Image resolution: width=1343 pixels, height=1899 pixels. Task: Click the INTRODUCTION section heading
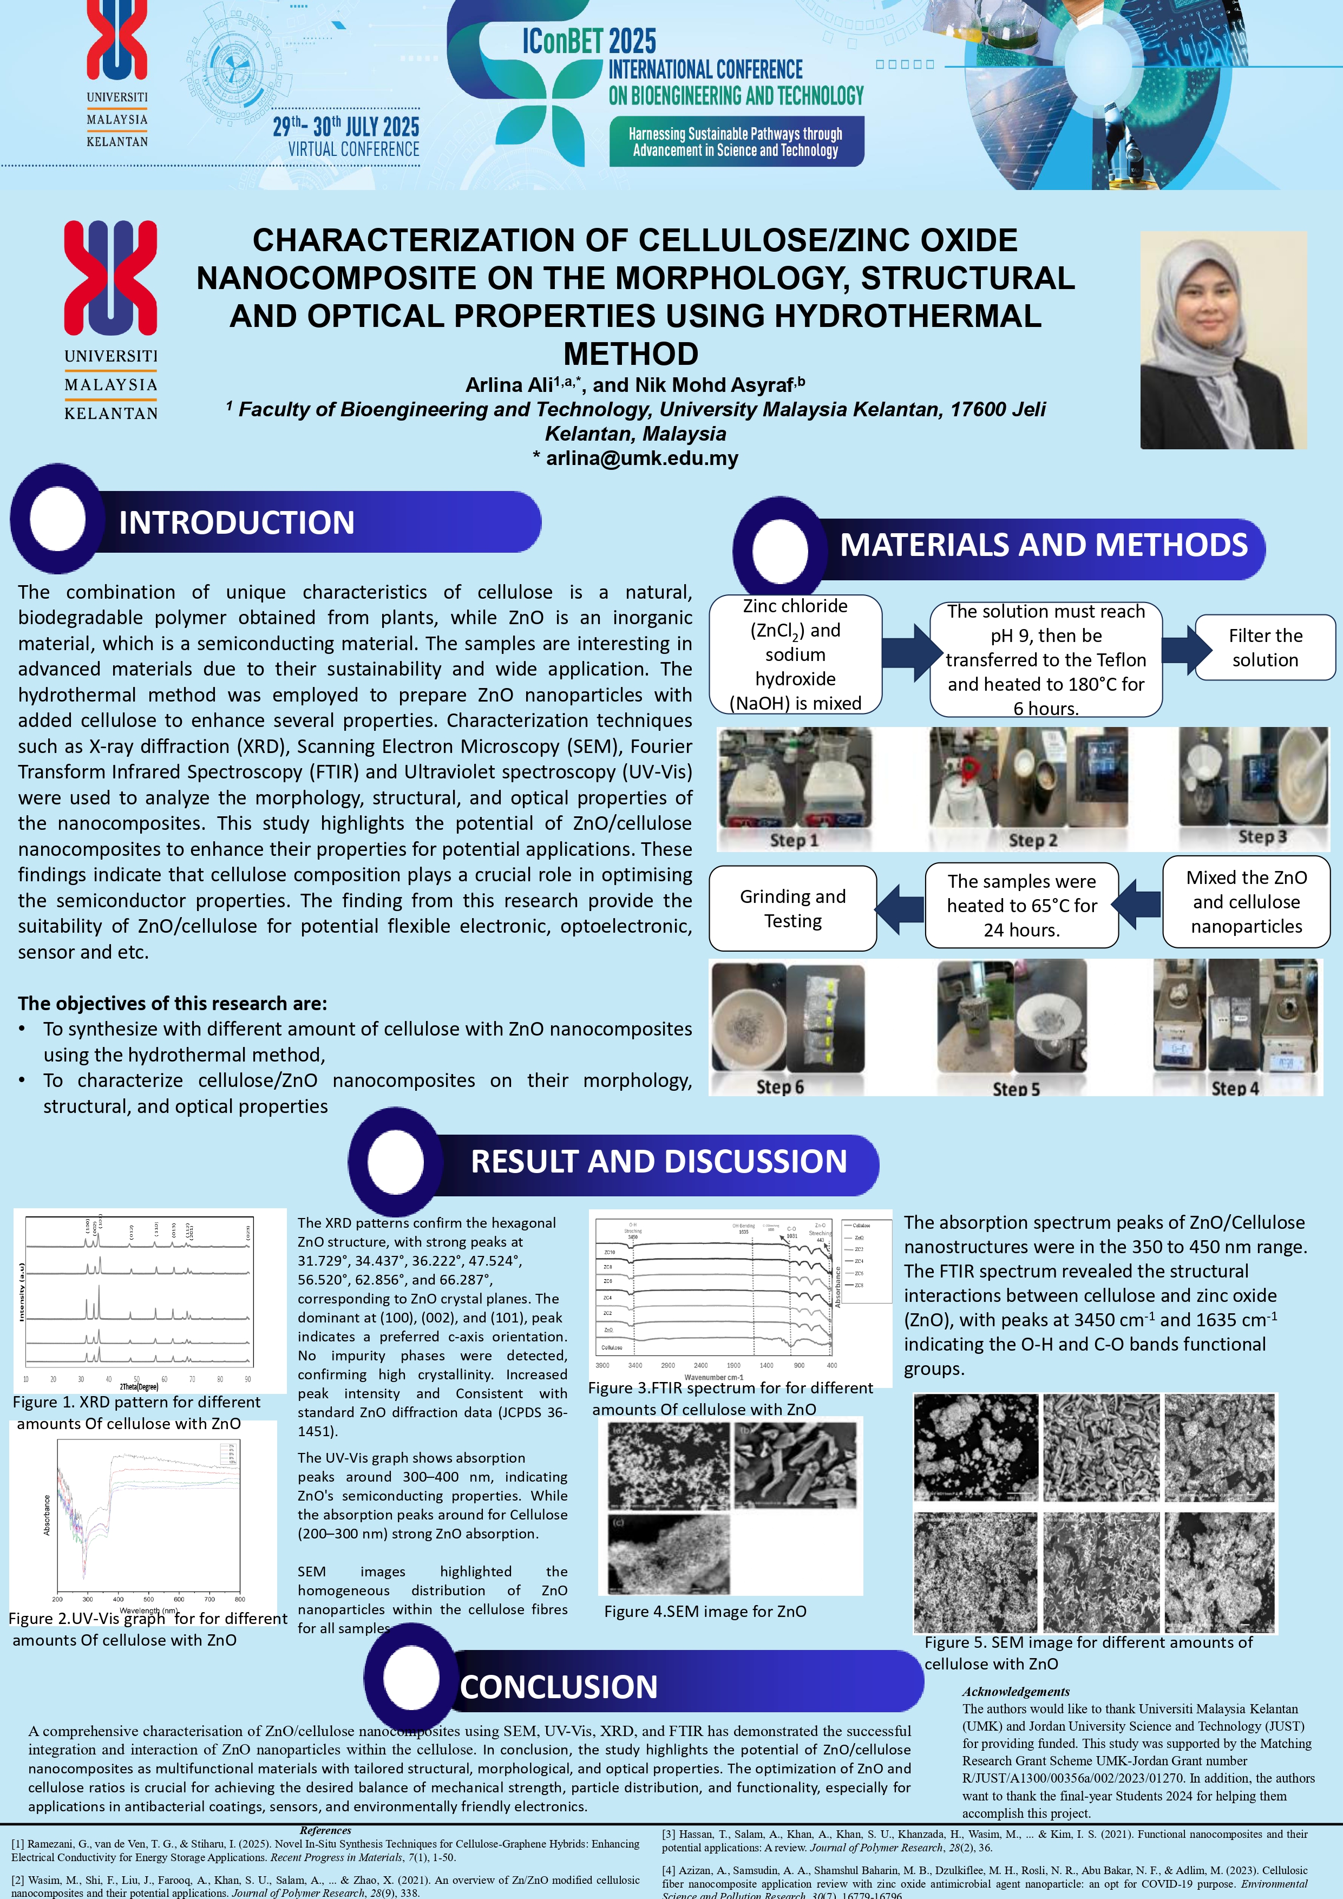coord(237,523)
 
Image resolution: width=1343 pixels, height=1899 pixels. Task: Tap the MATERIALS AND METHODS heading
coord(1044,545)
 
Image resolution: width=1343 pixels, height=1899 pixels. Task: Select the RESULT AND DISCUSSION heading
coord(658,1161)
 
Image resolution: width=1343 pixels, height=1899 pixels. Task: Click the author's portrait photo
coord(1223,340)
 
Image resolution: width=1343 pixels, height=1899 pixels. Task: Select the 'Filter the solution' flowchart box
coord(1265,647)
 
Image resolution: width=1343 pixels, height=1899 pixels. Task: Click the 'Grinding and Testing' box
coord(792,908)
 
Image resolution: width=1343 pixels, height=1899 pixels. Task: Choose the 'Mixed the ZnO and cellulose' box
coord(1246,901)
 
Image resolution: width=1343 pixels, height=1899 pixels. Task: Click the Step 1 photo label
coord(794,840)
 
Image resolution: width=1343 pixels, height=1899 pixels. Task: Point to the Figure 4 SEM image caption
coord(705,1611)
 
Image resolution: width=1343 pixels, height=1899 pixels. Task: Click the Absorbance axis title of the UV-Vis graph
coord(47,1515)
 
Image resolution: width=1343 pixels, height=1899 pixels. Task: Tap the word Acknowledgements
coord(1016,1692)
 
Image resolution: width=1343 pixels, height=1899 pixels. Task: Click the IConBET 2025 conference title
coord(589,41)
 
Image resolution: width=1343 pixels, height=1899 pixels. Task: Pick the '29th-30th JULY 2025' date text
coord(346,127)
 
